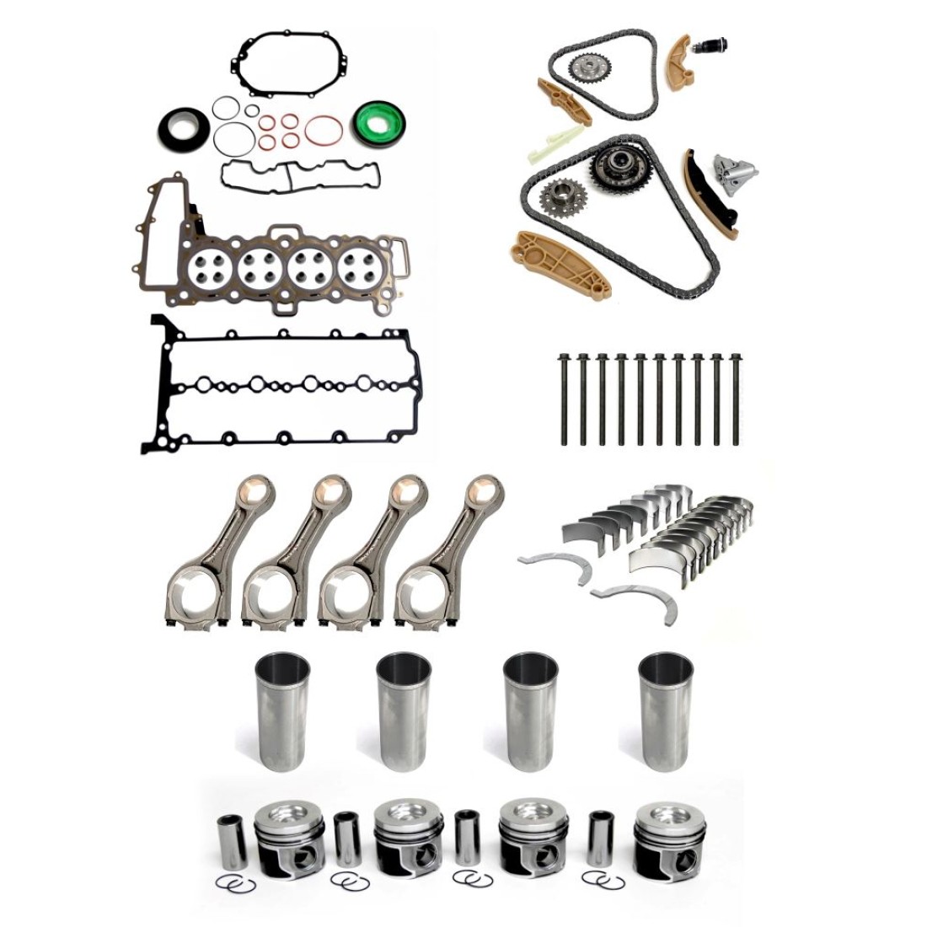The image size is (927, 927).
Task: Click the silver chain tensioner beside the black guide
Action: [729, 174]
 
